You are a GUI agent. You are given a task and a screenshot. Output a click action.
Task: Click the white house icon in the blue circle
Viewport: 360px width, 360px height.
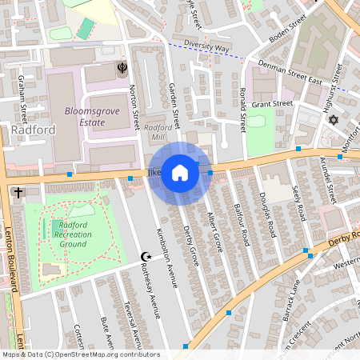[180, 173]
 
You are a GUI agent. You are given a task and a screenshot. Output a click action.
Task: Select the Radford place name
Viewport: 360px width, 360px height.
[33, 130]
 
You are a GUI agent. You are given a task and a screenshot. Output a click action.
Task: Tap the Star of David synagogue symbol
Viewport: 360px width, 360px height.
[333, 120]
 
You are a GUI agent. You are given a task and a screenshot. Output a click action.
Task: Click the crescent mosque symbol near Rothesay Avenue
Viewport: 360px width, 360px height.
[146, 257]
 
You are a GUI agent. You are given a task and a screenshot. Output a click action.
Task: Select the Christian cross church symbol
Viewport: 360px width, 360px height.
[18, 193]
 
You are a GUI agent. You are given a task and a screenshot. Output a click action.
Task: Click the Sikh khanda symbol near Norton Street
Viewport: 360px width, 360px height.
[122, 69]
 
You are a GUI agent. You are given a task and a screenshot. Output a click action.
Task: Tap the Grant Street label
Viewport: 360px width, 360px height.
[272, 104]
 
